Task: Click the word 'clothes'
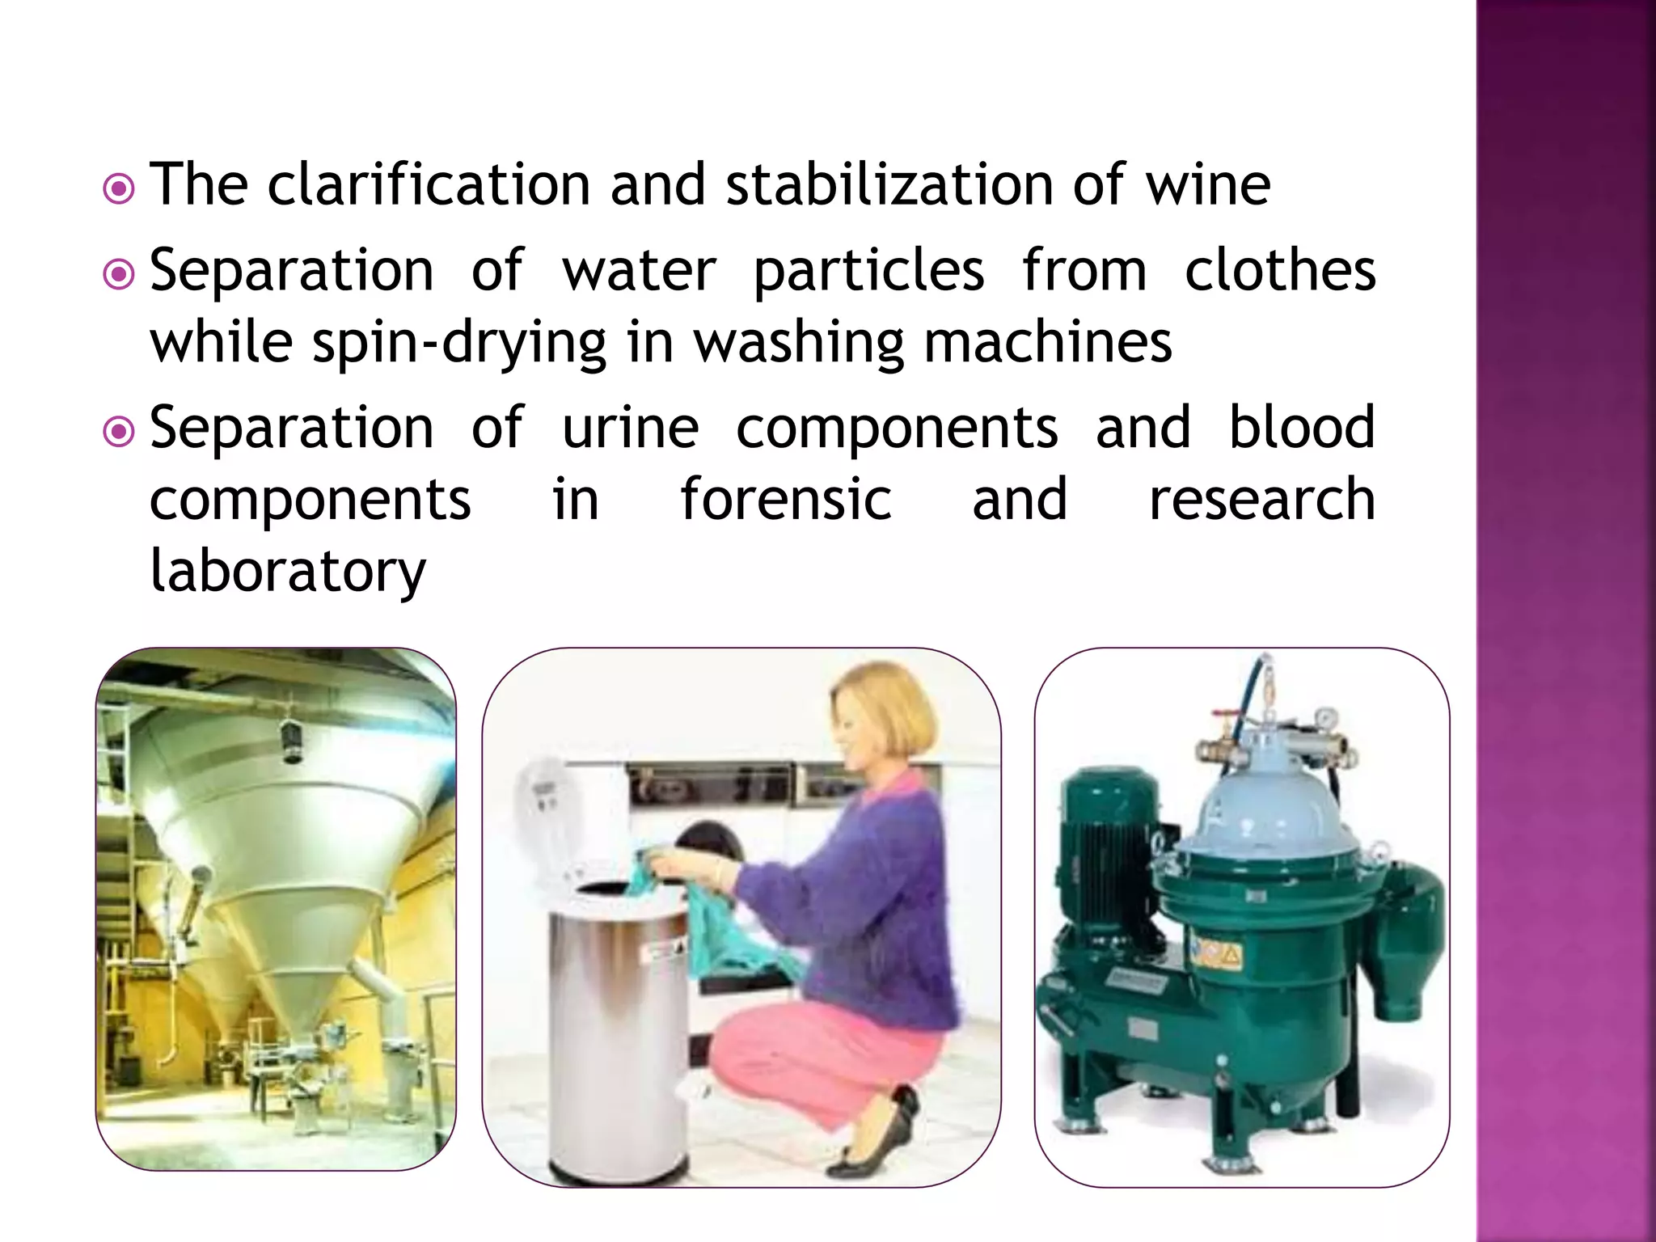click(1280, 270)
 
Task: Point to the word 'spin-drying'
click(459, 343)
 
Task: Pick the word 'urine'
click(630, 428)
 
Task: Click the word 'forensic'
click(786, 499)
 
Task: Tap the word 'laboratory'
click(288, 571)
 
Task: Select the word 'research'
click(1262, 499)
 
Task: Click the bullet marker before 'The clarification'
click(119, 190)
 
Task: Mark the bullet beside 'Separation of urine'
click(119, 433)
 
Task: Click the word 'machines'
click(1048, 343)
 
